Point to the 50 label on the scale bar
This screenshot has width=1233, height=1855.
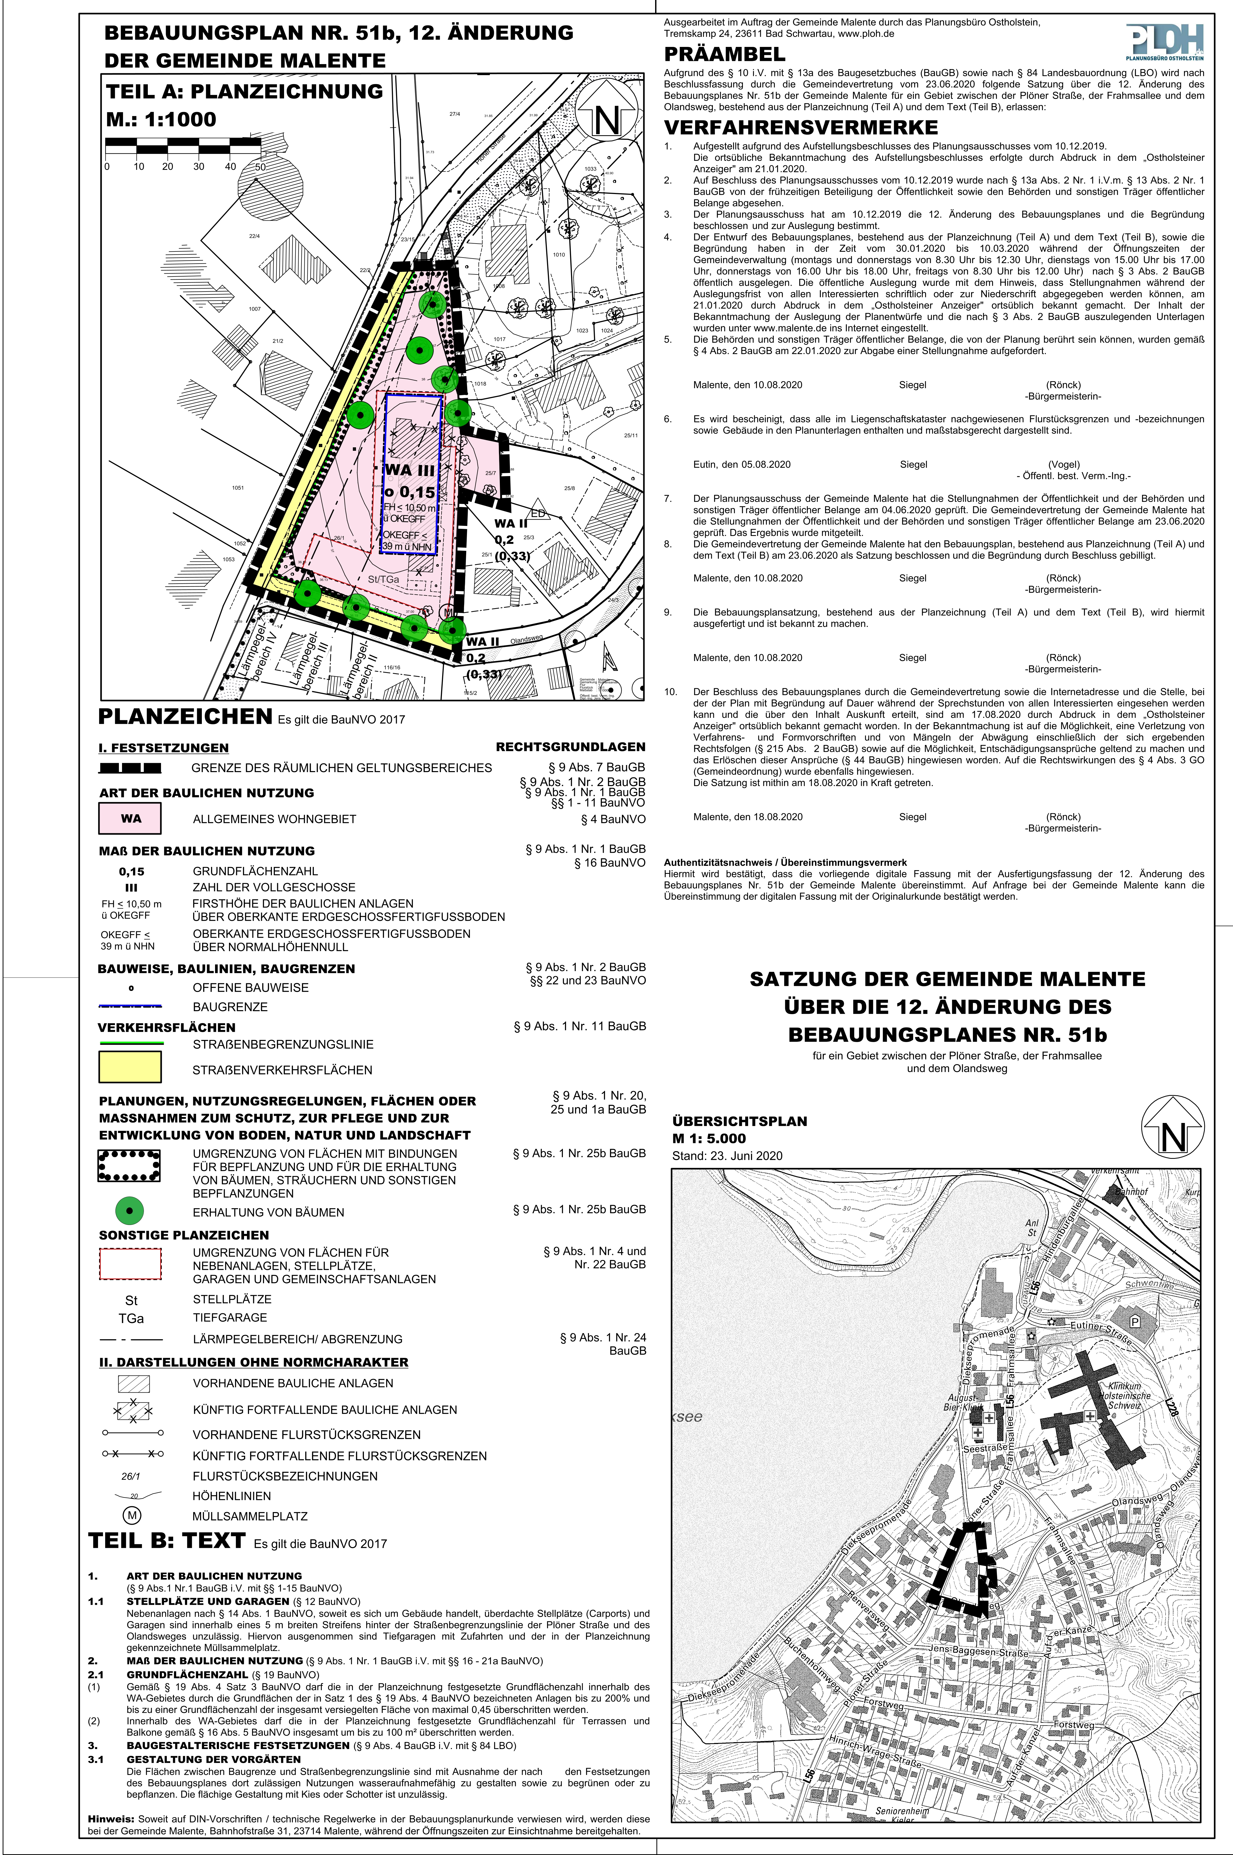[x=260, y=167]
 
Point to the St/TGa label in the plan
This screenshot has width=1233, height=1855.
[x=384, y=579]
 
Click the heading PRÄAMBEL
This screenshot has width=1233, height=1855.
[x=724, y=54]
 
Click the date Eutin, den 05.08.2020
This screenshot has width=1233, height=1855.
[x=742, y=464]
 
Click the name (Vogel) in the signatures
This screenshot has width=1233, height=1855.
[x=1063, y=464]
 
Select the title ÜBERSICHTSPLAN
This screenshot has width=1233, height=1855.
[x=739, y=1121]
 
